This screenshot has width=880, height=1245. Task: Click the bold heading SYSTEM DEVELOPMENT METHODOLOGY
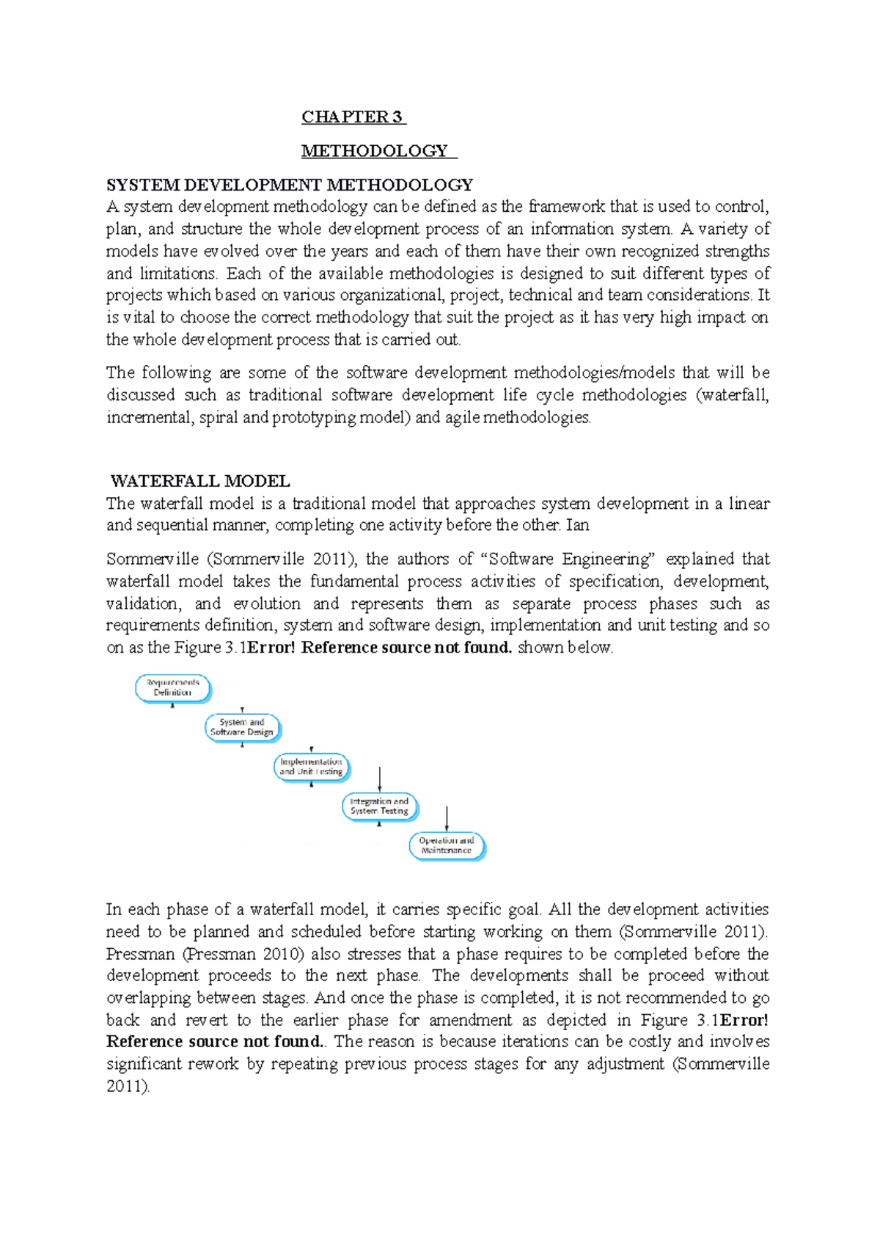[289, 185]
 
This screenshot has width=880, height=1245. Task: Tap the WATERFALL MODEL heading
[199, 481]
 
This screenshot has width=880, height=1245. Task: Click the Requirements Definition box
[173, 688]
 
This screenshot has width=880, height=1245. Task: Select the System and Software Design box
[242, 727]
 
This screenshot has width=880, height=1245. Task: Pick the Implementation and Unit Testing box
[312, 767]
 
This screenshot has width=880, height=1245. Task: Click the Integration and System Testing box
[379, 807]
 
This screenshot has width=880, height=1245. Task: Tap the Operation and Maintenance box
[447, 845]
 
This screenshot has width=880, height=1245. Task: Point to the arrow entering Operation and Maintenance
[447, 818]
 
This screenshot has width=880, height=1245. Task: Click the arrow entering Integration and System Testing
[379, 779]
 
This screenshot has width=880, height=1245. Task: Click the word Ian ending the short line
[577, 525]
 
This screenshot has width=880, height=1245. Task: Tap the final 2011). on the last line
[128, 1086]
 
